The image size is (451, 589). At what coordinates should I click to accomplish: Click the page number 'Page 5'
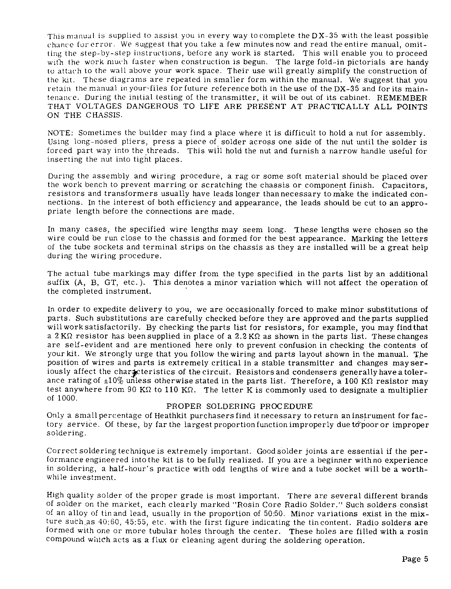click(x=415, y=559)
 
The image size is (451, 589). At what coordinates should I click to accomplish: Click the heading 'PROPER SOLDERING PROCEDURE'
click(x=239, y=406)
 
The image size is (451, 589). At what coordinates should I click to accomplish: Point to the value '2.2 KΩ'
click(x=248, y=336)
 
